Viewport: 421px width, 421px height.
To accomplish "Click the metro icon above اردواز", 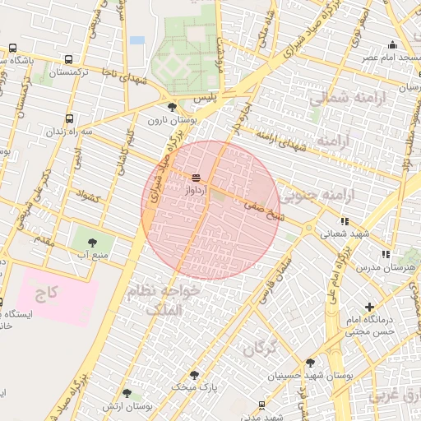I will point(197,178).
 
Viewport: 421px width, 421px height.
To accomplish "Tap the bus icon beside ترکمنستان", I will point(68,59).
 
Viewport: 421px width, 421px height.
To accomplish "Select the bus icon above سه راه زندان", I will point(68,118).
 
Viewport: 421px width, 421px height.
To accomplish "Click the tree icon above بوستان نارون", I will point(171,107).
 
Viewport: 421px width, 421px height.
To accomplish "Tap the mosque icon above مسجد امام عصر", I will point(393,44).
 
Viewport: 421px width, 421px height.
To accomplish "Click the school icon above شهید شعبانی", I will point(344,220).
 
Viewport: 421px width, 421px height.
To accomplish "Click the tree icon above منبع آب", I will point(91,242).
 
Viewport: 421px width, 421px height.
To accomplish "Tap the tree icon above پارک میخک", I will point(195,374).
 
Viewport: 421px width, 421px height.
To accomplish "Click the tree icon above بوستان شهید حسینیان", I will point(309,363).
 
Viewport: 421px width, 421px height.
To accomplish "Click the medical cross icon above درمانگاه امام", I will point(368,307).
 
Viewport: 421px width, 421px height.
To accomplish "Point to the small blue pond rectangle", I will point(136,39).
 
